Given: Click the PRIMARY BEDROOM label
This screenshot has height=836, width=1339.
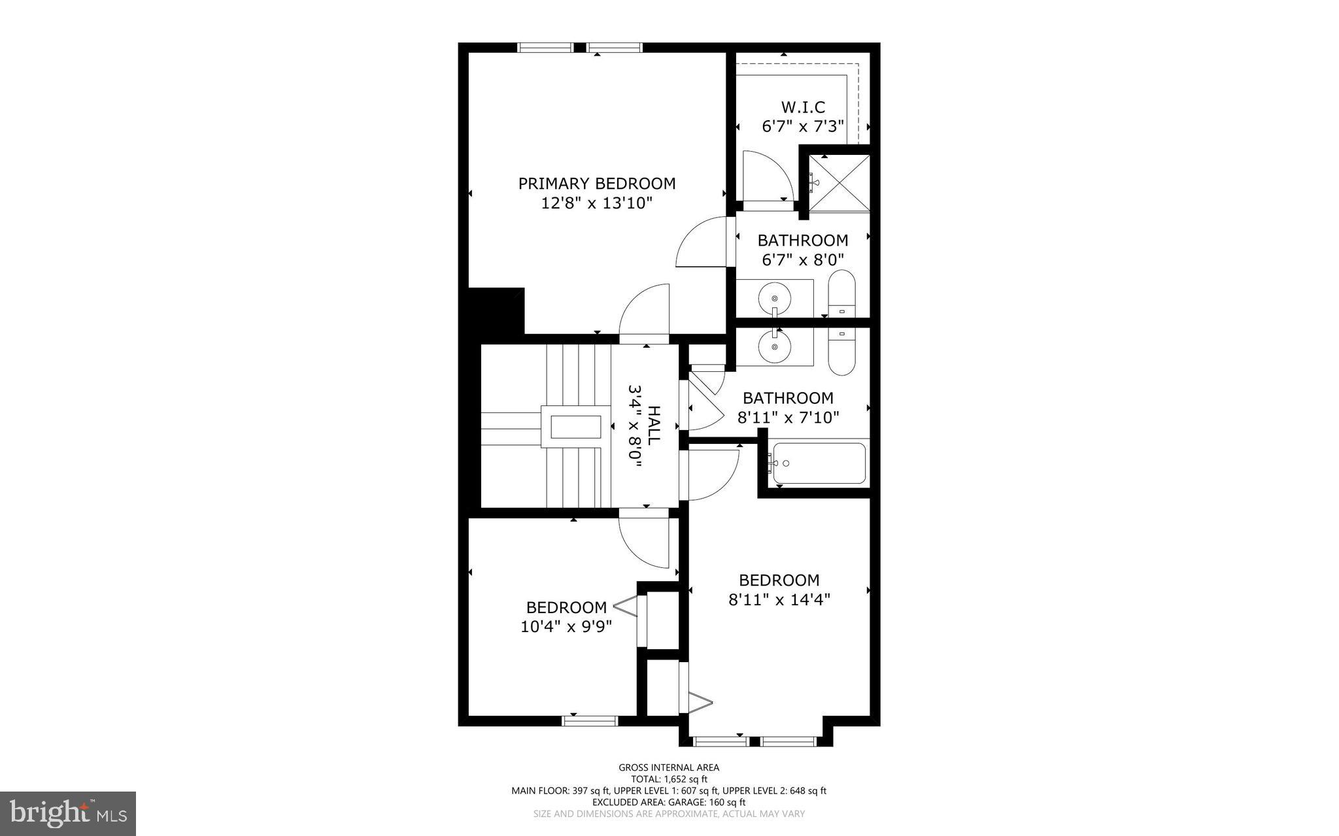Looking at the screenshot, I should click(x=596, y=184).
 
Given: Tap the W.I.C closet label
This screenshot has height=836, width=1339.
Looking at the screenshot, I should click(x=803, y=107).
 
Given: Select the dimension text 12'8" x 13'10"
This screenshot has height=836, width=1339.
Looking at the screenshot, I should click(x=596, y=203).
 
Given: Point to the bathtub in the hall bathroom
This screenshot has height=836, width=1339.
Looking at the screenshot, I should click(x=819, y=463).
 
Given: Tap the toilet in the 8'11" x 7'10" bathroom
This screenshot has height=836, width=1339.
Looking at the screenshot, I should click(x=841, y=352).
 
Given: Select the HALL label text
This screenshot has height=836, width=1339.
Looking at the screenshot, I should click(x=653, y=425).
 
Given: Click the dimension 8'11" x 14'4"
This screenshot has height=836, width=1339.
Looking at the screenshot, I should click(x=779, y=599).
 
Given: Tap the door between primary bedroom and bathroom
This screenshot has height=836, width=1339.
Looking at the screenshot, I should click(x=703, y=242).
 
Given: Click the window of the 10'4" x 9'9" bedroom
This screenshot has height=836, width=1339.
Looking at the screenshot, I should click(x=590, y=721).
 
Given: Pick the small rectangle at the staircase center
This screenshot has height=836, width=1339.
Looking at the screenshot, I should click(x=575, y=427).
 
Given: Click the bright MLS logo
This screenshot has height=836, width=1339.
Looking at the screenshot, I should click(x=68, y=813).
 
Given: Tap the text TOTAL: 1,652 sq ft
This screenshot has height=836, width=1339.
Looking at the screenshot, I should click(x=669, y=779).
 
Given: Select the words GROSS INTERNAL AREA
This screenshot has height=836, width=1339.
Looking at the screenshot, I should click(x=669, y=767).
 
